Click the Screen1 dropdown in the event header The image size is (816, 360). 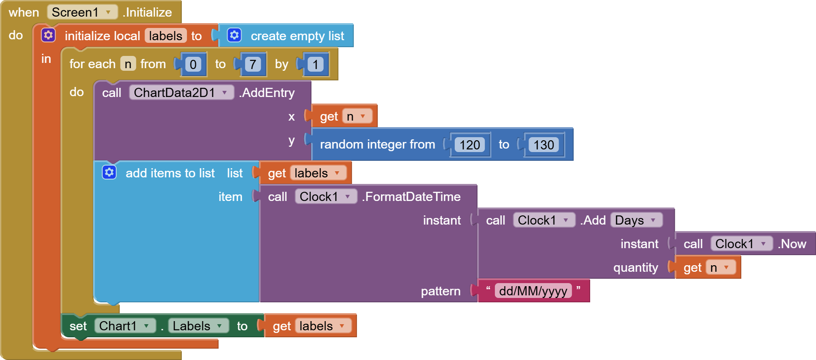tap(82, 12)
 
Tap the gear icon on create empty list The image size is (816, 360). tap(235, 35)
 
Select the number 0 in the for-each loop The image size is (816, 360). tap(193, 65)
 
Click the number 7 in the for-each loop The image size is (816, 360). tap(252, 65)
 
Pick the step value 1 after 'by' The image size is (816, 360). tap(315, 65)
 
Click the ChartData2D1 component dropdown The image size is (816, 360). tap(181, 93)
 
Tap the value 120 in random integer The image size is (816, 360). tap(470, 145)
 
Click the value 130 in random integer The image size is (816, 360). tap(543, 145)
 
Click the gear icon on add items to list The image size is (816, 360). tap(109, 173)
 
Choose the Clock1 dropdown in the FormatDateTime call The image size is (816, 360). tap(326, 197)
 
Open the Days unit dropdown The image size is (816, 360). tap(636, 220)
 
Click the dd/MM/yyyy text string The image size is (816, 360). tap(533, 291)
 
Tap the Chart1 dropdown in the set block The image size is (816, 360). tap(125, 326)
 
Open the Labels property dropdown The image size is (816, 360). tap(198, 326)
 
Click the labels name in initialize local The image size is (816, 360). tap(165, 36)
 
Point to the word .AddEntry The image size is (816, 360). tap(267, 93)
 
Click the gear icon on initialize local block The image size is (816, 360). tap(48, 35)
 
